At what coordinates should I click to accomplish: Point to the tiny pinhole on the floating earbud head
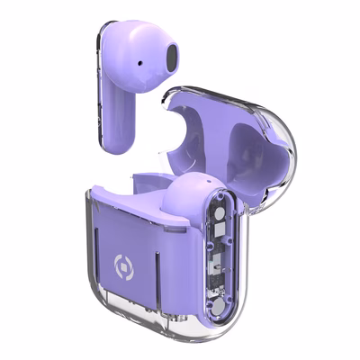[x=142, y=64]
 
